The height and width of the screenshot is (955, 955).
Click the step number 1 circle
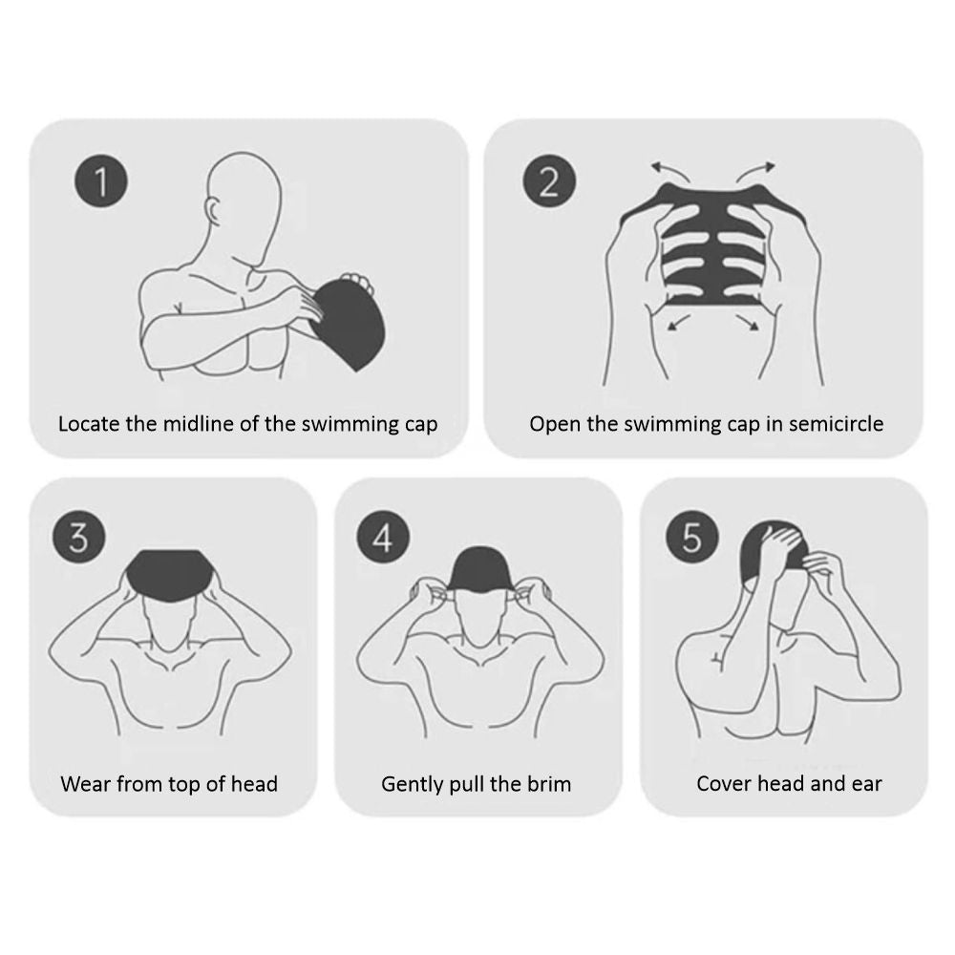click(x=101, y=180)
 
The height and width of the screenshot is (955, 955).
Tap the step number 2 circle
click(x=549, y=180)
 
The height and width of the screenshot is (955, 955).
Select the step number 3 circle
click(x=79, y=537)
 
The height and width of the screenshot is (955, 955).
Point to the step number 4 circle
click(x=383, y=537)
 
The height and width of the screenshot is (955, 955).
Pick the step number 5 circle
click(x=692, y=537)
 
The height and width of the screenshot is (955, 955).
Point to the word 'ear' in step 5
click(x=867, y=783)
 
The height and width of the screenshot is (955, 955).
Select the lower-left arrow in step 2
click(x=678, y=322)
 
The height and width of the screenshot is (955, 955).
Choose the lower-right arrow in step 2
click(x=748, y=322)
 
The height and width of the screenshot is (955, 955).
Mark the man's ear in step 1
click(x=214, y=211)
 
